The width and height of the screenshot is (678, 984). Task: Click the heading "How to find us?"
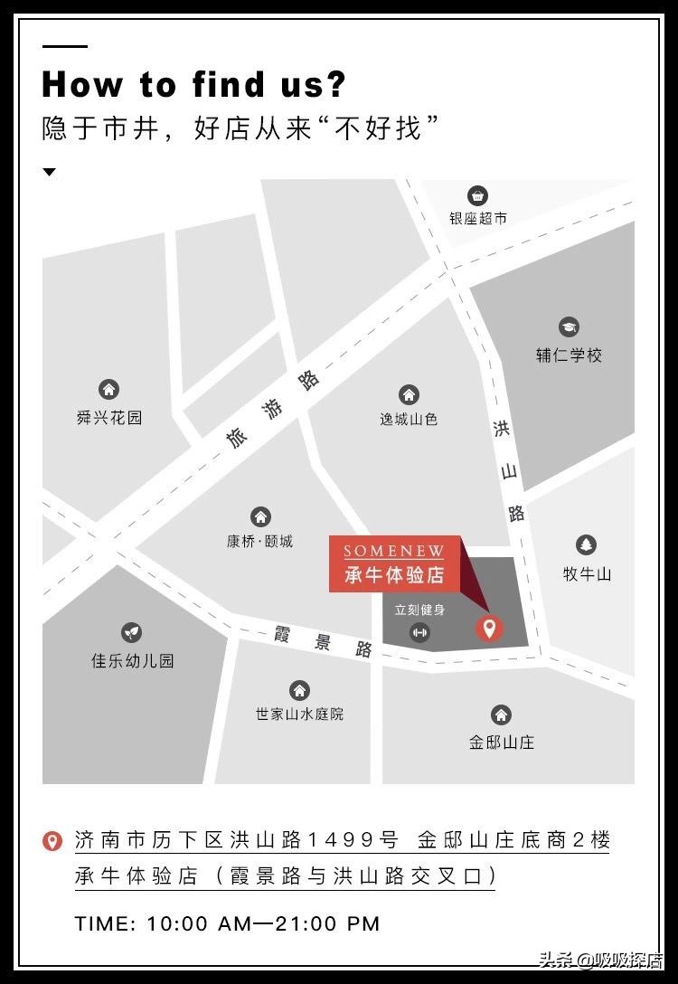[193, 84]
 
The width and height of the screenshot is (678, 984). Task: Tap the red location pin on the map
[489, 628]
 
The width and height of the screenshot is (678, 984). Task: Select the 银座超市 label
[478, 218]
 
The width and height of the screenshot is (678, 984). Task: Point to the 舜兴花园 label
[109, 418]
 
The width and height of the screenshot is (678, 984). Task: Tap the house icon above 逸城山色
[409, 394]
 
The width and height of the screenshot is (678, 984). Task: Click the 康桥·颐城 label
[260, 541]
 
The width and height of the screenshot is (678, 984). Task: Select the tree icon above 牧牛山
[587, 545]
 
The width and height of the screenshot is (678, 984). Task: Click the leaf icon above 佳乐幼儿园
[132, 633]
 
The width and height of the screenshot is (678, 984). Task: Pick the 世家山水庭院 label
[299, 714]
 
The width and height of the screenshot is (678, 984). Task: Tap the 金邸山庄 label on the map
[502, 742]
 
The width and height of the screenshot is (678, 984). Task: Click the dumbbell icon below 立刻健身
[419, 632]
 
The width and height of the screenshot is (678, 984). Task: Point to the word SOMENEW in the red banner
[393, 552]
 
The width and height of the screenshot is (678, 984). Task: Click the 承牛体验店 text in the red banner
[394, 575]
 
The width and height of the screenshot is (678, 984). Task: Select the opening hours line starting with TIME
[228, 923]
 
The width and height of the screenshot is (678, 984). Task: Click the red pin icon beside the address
[53, 841]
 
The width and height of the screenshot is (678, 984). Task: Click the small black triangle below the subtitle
[50, 172]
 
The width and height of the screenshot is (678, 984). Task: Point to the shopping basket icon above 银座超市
[477, 195]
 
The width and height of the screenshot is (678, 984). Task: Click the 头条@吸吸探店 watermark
[600, 960]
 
